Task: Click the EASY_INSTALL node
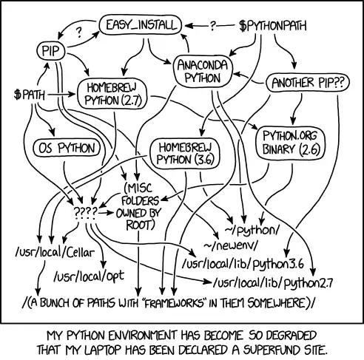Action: (x=140, y=25)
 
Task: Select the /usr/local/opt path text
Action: (x=87, y=278)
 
